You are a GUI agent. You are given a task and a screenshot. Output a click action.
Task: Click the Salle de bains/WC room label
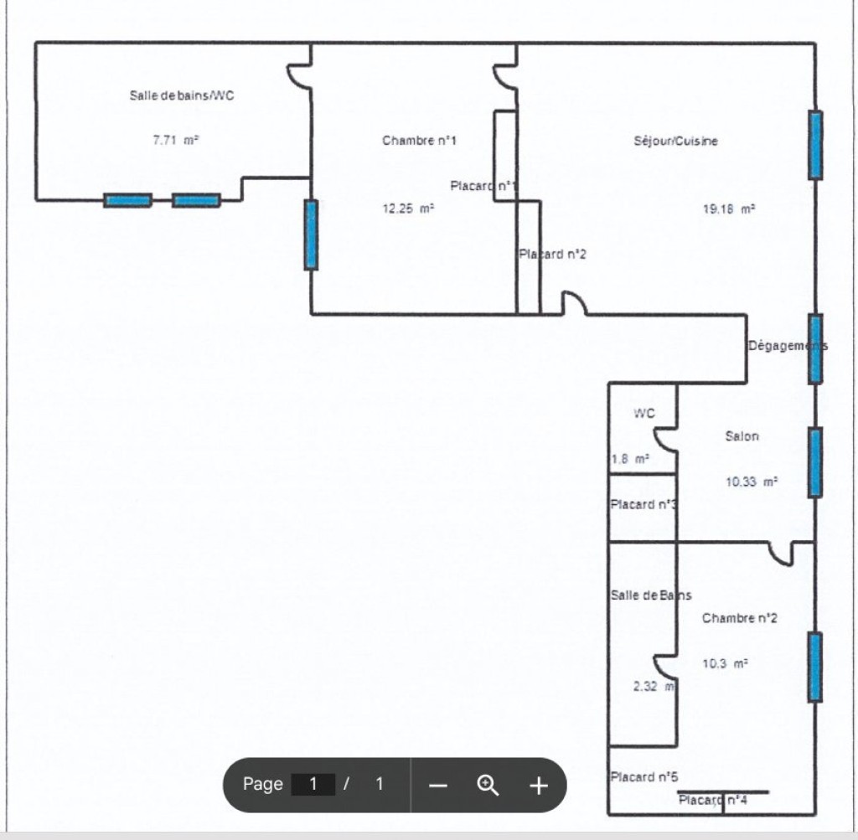[181, 95]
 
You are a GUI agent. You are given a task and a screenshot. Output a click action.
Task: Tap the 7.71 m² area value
[175, 140]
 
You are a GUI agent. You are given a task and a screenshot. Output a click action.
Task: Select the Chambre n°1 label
[419, 141]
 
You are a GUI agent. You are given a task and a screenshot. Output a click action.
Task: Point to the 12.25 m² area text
[408, 209]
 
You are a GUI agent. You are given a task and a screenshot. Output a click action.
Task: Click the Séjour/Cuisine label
[676, 141]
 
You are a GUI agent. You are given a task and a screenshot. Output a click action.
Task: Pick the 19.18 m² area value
[729, 209]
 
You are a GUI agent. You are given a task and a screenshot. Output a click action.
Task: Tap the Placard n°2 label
[553, 255]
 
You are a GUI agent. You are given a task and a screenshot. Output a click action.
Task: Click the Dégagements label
[788, 346]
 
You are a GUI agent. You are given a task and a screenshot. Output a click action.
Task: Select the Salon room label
[742, 435]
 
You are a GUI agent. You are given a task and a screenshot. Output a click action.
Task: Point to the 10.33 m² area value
[752, 482]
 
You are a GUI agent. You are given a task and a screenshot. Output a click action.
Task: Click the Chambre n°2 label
[739, 618]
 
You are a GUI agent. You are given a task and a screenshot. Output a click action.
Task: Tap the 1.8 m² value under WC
[630, 459]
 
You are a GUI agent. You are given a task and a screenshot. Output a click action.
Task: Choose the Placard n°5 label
[644, 776]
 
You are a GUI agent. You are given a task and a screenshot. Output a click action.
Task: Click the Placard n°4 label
[713, 800]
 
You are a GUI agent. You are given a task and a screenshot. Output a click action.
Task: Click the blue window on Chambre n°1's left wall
[311, 234]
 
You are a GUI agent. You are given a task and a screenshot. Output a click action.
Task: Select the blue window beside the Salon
[814, 462]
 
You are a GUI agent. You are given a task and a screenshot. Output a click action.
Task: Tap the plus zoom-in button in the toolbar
[539, 786]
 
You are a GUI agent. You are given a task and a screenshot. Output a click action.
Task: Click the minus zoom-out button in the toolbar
[437, 786]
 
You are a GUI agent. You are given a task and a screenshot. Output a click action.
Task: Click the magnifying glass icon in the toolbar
[488, 786]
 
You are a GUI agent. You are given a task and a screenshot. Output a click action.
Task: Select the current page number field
[313, 784]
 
